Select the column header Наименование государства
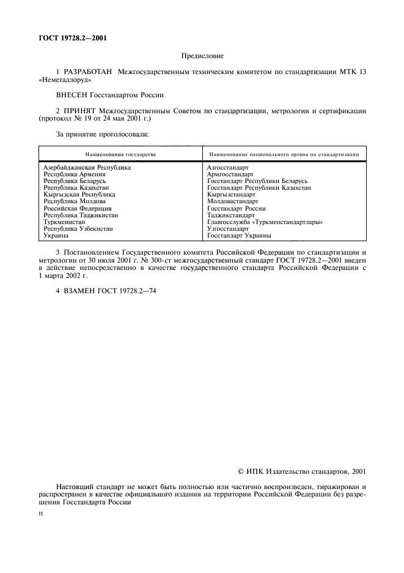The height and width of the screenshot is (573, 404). [x=120, y=155]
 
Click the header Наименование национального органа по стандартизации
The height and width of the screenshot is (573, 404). [x=283, y=155]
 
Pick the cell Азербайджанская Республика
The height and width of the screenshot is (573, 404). [x=87, y=167]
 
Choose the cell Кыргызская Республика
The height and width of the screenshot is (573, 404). [x=79, y=194]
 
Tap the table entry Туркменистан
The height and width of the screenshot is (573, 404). [x=65, y=222]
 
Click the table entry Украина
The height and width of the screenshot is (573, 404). [x=56, y=235]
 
